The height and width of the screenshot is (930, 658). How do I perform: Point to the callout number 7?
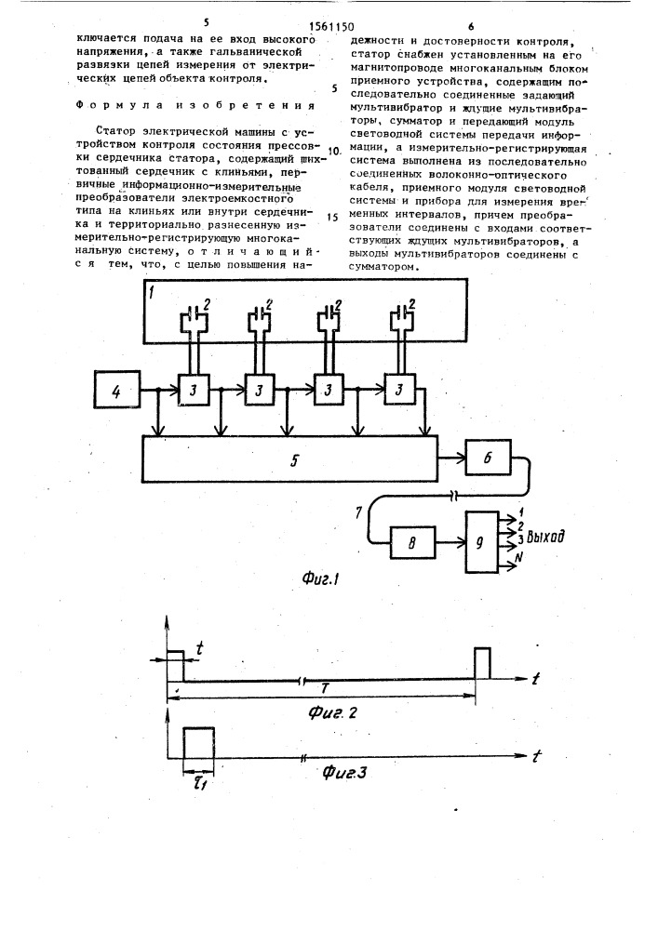[x=358, y=511]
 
